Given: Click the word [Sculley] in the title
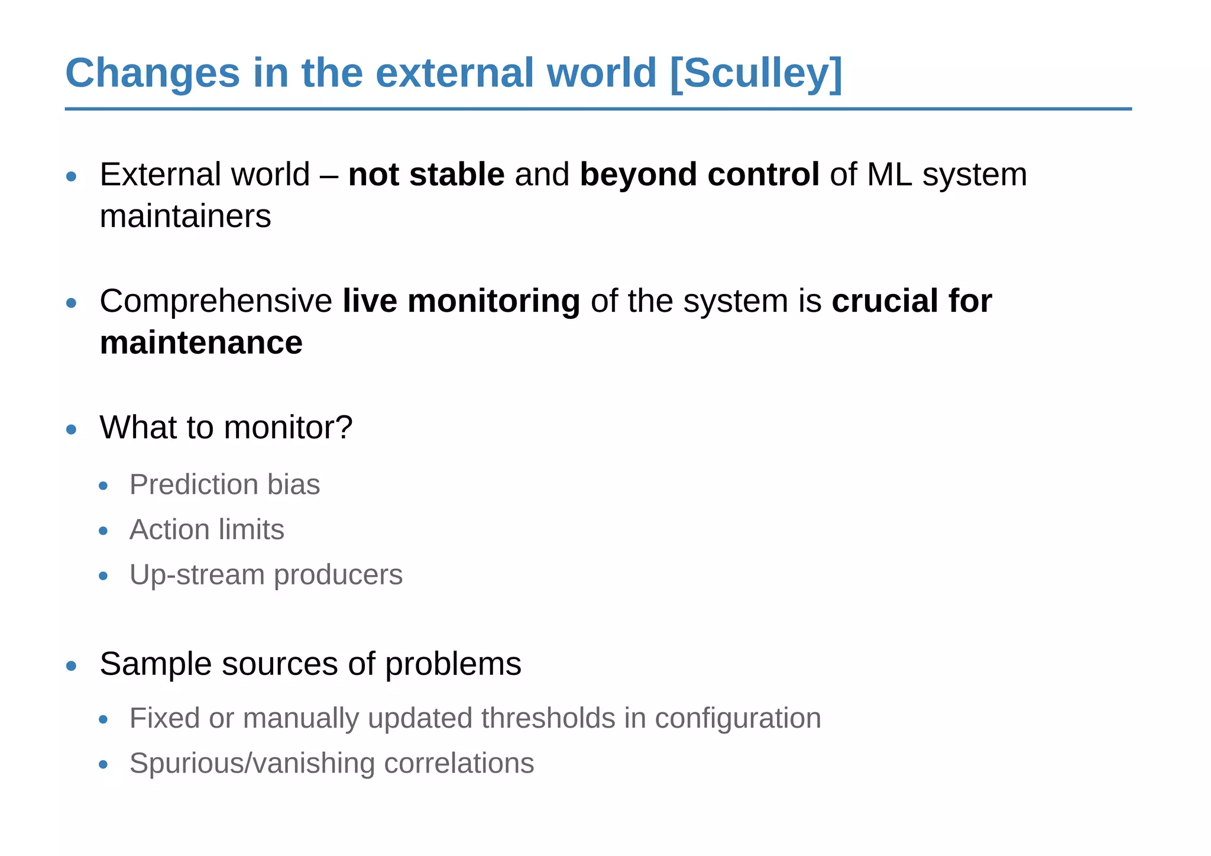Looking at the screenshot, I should [756, 73].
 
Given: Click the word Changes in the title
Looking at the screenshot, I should [153, 73].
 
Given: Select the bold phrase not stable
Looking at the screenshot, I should [426, 175].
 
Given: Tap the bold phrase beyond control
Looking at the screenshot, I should [700, 175].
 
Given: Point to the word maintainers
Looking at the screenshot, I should [185, 217].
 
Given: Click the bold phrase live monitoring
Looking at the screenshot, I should [461, 301].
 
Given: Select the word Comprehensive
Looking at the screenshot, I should [216, 301].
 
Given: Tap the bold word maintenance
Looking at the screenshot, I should [201, 343].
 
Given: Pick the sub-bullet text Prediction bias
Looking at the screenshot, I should [225, 484].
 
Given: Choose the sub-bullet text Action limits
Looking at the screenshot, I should [206, 529].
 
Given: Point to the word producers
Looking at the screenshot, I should [338, 575].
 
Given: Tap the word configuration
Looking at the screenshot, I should [738, 718].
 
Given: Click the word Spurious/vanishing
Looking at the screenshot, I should [252, 763].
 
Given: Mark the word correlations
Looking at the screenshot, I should [459, 763].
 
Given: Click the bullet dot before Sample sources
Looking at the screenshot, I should [72, 666].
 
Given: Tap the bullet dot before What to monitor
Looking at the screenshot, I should [72, 429].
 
